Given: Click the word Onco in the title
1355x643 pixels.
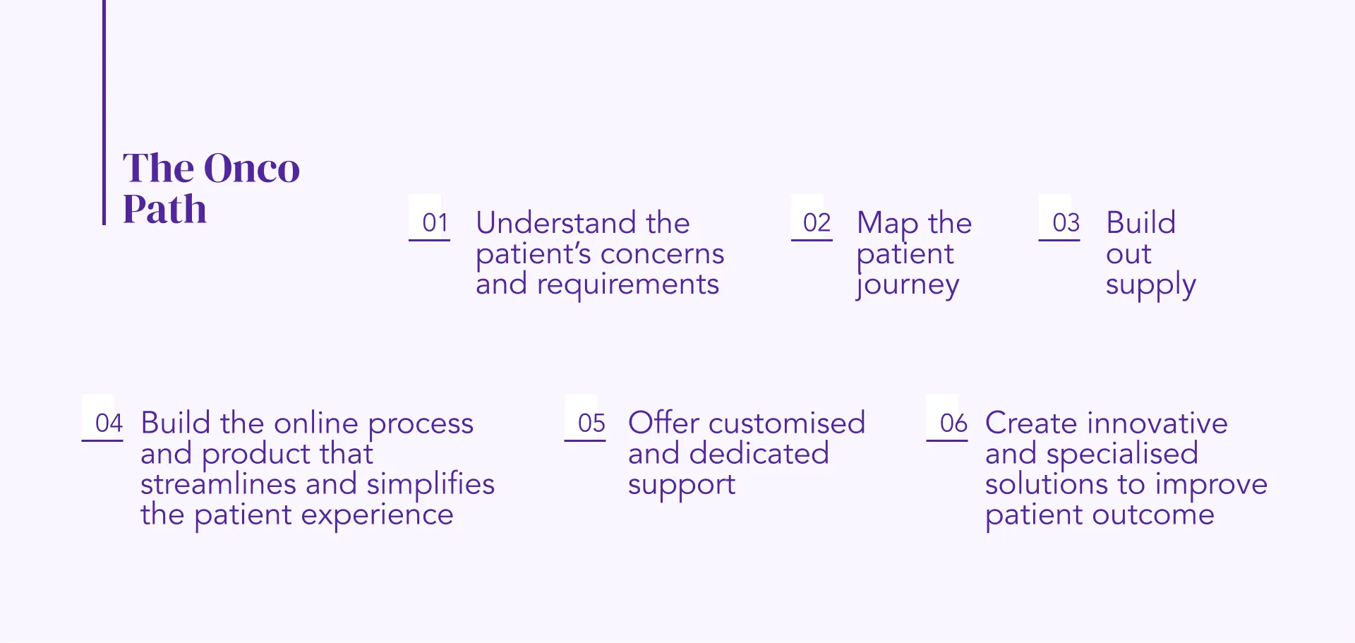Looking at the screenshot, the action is pos(252,169).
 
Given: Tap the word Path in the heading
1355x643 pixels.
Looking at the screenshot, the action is pos(164,210).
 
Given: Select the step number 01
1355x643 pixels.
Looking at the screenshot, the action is pos(435,223).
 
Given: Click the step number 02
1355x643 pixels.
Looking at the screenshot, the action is pos(817,223).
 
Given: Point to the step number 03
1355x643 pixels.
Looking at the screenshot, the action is pos(1066,223).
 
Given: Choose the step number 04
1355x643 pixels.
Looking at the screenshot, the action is pos(109,423).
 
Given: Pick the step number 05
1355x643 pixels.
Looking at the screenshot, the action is pos(591,423).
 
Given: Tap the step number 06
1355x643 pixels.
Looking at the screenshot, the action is pos(953,423).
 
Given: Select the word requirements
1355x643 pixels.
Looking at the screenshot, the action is pos(627,284).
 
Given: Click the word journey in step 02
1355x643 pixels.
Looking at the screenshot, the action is pos(908,285).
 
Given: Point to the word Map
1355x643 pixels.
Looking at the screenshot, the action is pos(887,224).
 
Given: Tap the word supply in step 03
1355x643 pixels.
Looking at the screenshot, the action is pos(1150,285).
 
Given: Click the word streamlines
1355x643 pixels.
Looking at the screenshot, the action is pos(218,484).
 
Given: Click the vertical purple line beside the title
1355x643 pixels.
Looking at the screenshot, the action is pos(104,113).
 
